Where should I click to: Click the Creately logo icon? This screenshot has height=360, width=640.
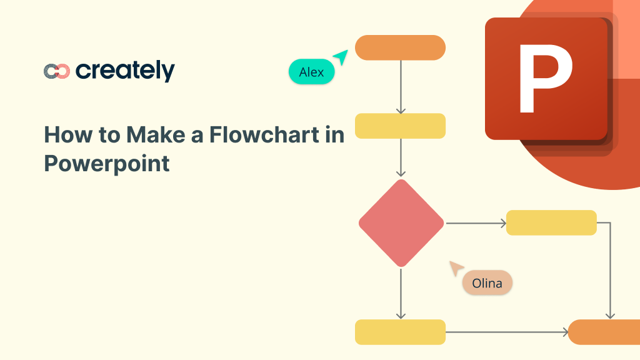tap(56, 71)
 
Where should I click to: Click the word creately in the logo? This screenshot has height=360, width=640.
tap(125, 71)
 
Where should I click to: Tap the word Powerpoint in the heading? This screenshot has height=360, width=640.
tap(107, 163)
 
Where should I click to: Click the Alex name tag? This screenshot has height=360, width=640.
tap(311, 72)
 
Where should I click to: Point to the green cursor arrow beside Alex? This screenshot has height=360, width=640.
tap(341, 57)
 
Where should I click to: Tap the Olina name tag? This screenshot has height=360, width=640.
tap(487, 283)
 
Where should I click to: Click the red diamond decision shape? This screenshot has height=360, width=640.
tap(401, 223)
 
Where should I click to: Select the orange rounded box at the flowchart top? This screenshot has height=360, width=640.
tap(400, 48)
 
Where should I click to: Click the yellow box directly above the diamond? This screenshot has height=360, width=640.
tap(400, 126)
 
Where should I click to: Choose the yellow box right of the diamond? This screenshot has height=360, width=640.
tap(551, 222)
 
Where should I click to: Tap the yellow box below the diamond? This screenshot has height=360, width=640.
tap(400, 332)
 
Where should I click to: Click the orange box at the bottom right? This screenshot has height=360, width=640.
tap(603, 332)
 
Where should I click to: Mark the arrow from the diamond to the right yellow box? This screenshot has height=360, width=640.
tap(475, 223)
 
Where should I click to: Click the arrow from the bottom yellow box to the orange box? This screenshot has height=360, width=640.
tap(506, 332)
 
